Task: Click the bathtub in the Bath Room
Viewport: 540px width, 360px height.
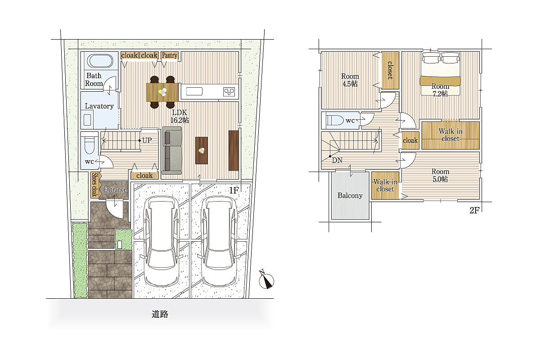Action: [x=100, y=61]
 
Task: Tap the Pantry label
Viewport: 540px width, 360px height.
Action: [x=170, y=55]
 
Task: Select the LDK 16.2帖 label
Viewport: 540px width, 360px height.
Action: [x=180, y=116]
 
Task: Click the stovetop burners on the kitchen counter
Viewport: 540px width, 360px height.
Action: [x=229, y=92]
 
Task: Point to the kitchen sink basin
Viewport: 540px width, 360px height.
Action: [x=194, y=92]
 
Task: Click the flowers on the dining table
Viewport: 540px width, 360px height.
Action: [x=163, y=92]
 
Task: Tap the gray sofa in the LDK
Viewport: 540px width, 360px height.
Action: [x=171, y=150]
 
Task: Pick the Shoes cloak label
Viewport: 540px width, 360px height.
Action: [x=94, y=185]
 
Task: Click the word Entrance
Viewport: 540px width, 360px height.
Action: [x=115, y=189]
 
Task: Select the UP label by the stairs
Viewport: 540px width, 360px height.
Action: [x=147, y=140]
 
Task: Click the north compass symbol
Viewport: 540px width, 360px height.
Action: [x=266, y=280]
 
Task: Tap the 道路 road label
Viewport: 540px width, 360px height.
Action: [x=160, y=314]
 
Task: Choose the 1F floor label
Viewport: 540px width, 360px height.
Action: [x=234, y=190]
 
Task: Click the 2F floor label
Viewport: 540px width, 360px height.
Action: [x=474, y=211]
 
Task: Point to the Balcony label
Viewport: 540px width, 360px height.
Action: [x=350, y=195]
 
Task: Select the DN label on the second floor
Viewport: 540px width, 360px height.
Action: [x=337, y=160]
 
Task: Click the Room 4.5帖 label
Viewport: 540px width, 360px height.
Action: [x=350, y=80]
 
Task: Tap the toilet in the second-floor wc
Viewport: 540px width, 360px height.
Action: [x=335, y=120]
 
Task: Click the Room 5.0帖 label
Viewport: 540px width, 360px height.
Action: [x=440, y=175]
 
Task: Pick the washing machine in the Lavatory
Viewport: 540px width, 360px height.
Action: [x=87, y=120]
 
